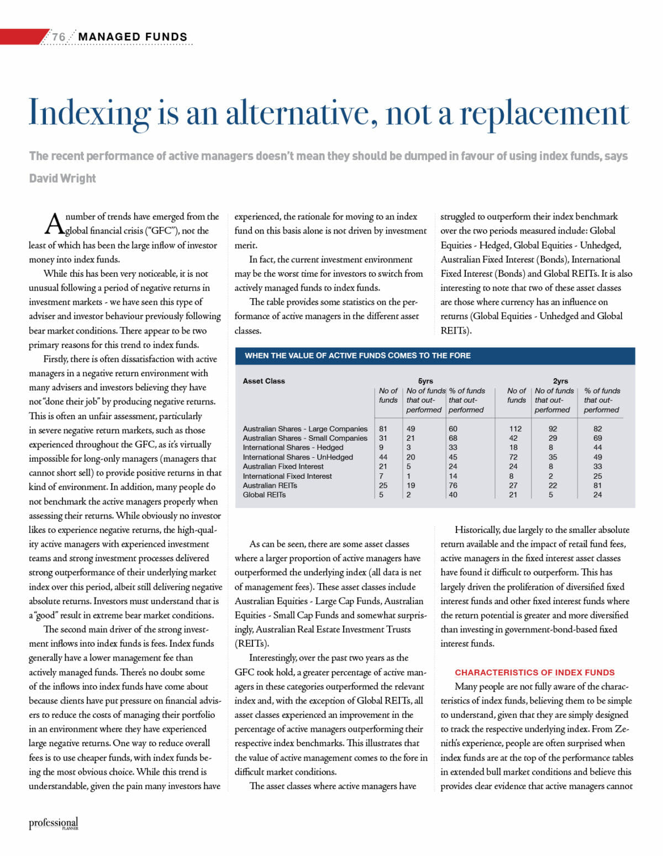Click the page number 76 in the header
point(58,37)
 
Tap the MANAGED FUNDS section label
point(133,37)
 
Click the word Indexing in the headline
point(89,113)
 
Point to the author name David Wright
point(62,178)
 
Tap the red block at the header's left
point(22,37)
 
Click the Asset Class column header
point(264,381)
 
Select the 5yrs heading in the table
point(425,381)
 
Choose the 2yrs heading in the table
point(560,381)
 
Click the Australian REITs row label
point(270,485)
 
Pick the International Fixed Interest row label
point(287,476)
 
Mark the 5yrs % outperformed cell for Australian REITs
point(453,485)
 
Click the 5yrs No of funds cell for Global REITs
point(381,495)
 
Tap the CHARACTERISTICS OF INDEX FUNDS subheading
point(534,673)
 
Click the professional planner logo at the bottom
point(54,823)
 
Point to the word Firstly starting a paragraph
point(56,359)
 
